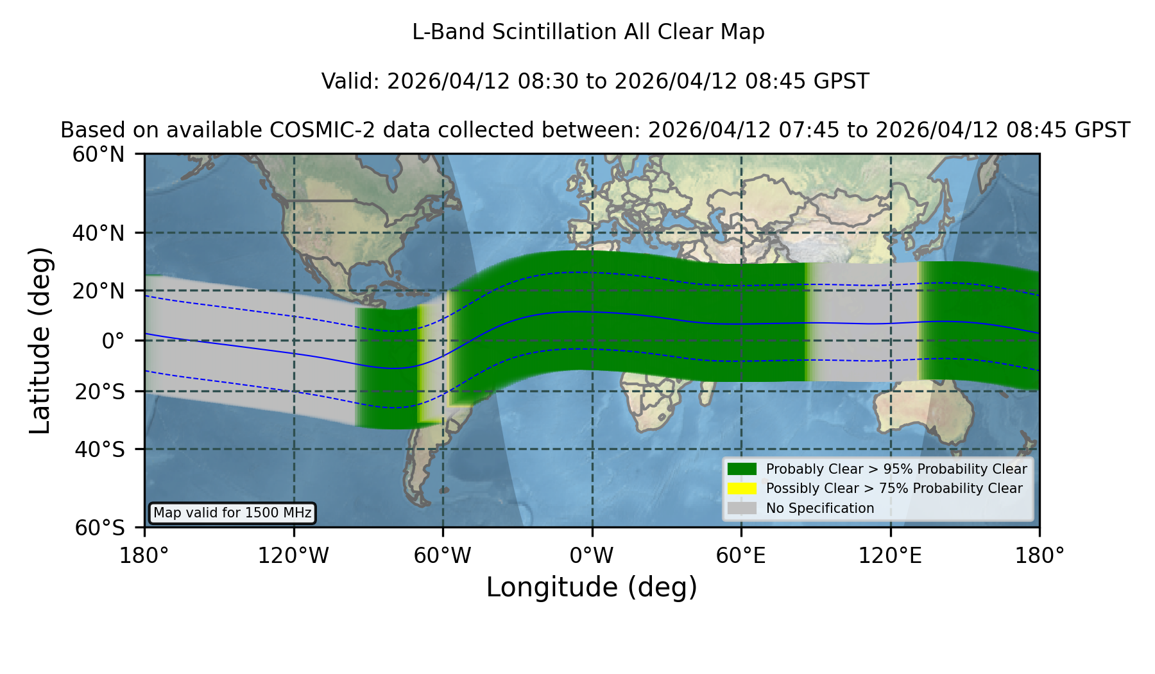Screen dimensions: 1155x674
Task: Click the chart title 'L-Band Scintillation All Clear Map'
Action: click(588, 32)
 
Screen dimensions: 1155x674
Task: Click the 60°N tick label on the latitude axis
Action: click(98, 155)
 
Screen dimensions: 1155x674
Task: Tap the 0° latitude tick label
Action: click(113, 341)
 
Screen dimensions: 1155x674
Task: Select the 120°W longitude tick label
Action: click(293, 556)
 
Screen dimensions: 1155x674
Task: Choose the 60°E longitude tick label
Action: click(741, 556)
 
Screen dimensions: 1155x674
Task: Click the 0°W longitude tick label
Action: click(592, 556)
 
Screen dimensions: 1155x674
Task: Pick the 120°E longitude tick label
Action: click(890, 556)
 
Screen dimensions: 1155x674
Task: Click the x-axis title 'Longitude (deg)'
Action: click(592, 587)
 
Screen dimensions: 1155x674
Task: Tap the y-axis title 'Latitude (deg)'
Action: click(40, 340)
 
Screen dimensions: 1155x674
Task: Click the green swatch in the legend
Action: click(742, 469)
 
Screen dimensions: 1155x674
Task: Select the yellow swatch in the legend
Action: click(742, 488)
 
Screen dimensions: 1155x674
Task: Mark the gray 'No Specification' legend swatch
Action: click(742, 508)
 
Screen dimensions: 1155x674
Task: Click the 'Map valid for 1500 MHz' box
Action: click(232, 513)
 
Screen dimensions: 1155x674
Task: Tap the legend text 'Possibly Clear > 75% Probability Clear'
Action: click(894, 488)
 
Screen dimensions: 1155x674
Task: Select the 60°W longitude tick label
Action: click(443, 556)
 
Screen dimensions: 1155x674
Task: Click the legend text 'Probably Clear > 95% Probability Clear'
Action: click(896, 469)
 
